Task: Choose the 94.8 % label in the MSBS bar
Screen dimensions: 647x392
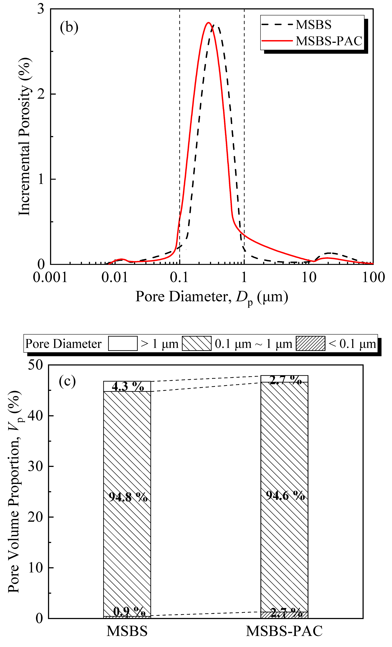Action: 128,497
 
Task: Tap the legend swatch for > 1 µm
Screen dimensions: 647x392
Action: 123,343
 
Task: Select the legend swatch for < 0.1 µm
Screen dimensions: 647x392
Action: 310,343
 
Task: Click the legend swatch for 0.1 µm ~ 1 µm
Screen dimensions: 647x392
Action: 197,343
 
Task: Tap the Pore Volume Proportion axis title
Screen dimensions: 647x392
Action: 14,491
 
